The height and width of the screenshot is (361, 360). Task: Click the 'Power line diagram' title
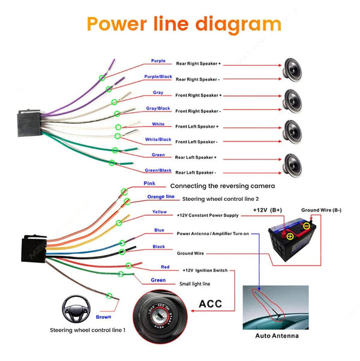184,24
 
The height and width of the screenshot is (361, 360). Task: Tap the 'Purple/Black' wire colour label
158,77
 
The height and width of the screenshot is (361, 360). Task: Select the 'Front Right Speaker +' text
198,95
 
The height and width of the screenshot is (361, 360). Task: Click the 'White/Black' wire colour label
158,140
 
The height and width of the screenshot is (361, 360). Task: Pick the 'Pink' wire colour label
149,183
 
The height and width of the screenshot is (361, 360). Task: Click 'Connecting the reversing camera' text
223,186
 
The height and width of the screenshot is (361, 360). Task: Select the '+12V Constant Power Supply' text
208,215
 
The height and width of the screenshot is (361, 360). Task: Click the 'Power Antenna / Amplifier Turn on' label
212,233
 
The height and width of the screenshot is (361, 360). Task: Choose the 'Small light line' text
195,284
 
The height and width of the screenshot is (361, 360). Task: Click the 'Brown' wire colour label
104,317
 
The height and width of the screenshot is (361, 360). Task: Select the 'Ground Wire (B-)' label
321,210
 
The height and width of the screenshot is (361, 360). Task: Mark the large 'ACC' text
209,304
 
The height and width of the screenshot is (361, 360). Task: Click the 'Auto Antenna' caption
277,336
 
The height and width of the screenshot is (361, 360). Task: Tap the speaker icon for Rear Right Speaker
292,70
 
